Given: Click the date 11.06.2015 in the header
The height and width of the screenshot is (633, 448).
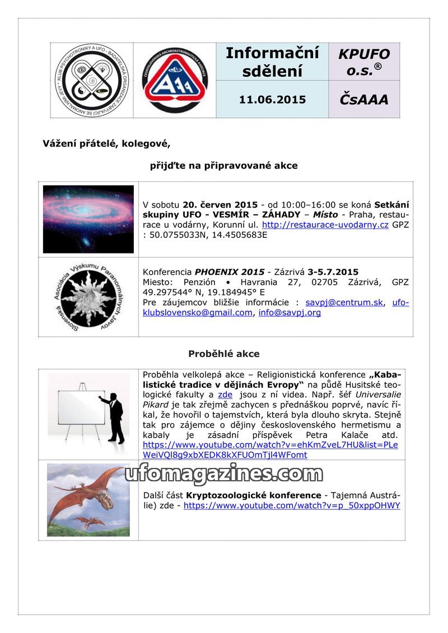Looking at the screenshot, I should pos(272,100).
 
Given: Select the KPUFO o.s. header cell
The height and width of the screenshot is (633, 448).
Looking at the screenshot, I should pos(364,62).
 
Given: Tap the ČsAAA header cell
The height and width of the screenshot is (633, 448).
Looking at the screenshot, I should pos(364,100).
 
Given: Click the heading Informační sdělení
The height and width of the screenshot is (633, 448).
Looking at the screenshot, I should pos(272,62).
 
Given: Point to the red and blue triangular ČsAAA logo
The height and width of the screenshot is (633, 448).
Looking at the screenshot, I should pos(175,80).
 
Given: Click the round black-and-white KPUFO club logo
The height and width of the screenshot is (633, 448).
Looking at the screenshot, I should pos(91,80).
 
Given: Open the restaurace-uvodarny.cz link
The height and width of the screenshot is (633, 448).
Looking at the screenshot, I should pos(325,224).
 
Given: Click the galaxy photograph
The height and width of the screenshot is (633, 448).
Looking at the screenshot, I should pos(88,219).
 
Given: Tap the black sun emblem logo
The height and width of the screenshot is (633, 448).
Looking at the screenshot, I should pos(88,297).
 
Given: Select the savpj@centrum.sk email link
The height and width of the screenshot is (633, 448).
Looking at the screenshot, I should pos(344,302).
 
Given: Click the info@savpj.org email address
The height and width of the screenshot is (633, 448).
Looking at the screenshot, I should pos(290,312).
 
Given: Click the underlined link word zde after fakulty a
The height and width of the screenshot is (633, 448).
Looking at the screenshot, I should pos(225,395).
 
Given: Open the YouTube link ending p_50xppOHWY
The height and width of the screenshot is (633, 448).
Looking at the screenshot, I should pos(292,505).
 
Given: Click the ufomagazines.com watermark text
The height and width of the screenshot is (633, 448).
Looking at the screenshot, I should pos(223,474).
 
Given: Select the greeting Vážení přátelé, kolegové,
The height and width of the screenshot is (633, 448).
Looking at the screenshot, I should pos(106,144).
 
